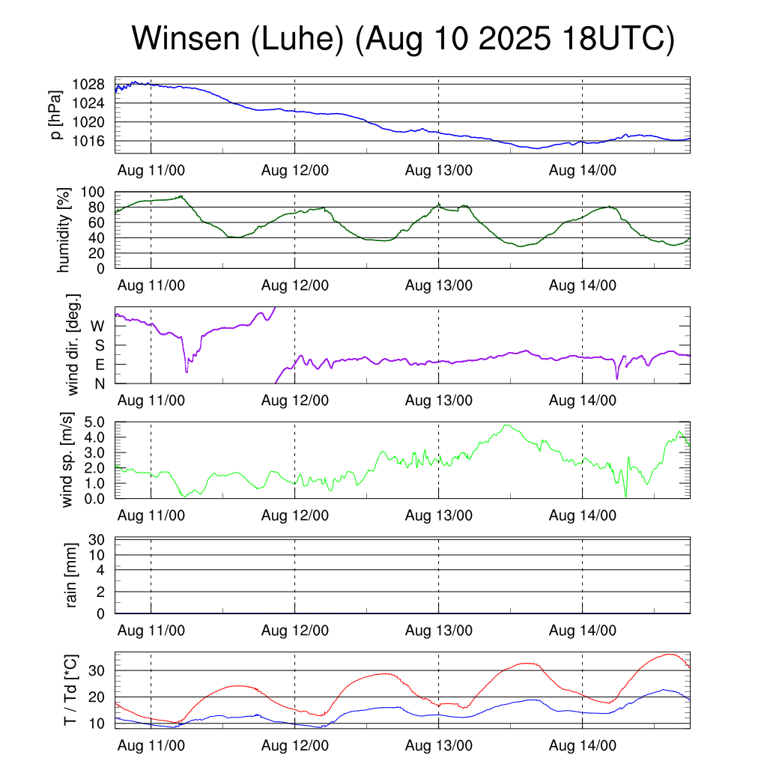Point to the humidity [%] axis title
65,230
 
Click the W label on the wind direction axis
97,326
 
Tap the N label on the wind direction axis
98,383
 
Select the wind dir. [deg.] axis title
73,345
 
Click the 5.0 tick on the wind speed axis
94,422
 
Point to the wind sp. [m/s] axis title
67,460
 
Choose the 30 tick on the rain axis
97,539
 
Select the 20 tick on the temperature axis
97,697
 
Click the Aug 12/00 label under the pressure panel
295,170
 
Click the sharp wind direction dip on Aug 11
187,371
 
